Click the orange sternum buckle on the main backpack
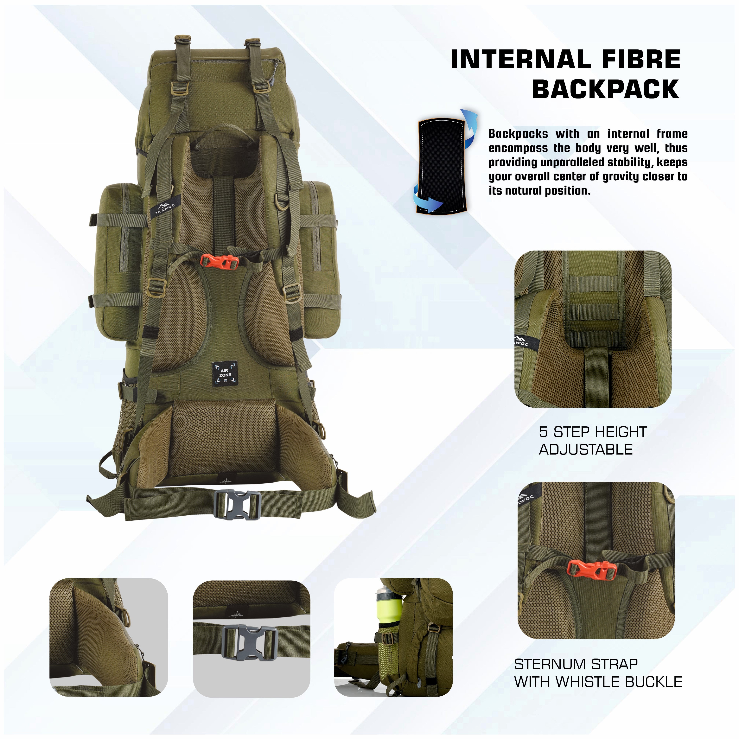[220, 262]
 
